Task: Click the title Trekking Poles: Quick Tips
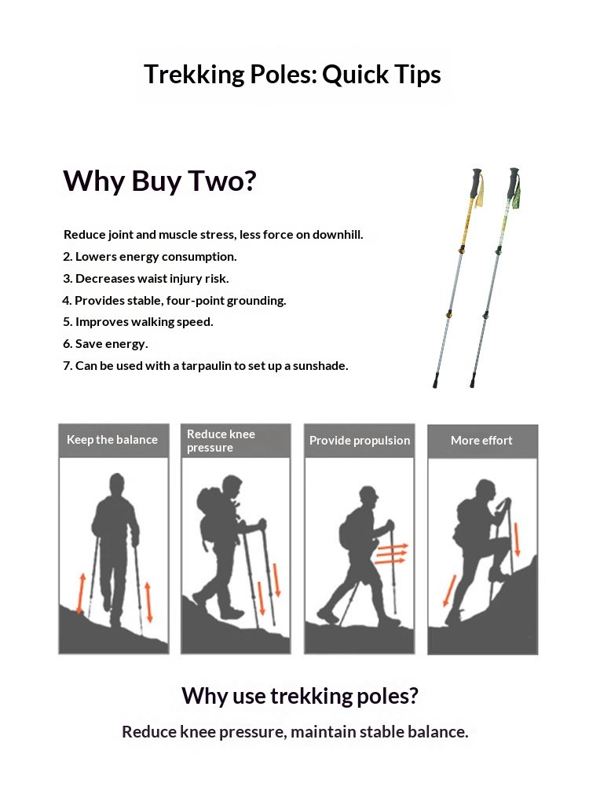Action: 292,75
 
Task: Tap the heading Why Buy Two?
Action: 159,181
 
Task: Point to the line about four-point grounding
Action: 174,300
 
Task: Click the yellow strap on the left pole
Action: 480,192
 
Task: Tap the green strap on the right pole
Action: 518,195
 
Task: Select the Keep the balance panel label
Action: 112,440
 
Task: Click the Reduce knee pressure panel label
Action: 221,441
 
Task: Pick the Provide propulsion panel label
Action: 360,440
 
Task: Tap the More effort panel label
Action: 481,440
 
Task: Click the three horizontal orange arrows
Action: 391,554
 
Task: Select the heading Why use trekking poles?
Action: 300,696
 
